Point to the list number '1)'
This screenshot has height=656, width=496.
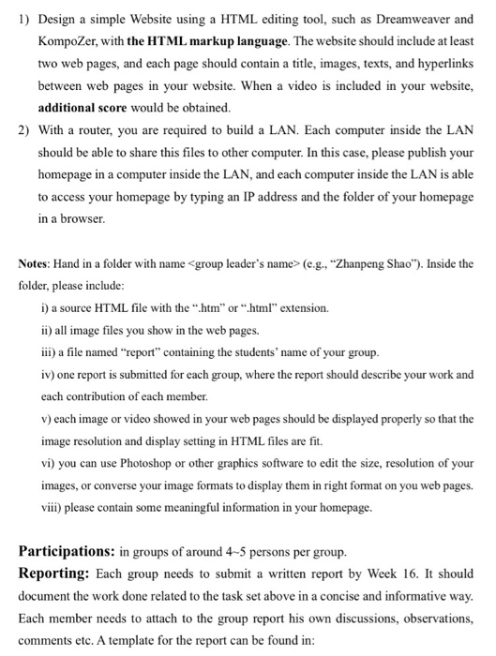(x=23, y=19)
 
